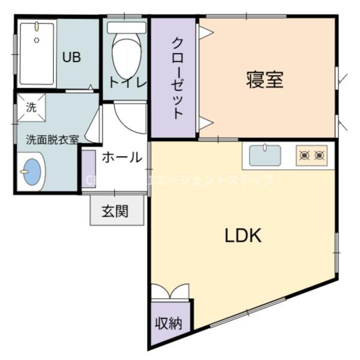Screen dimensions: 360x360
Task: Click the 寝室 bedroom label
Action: tap(265, 80)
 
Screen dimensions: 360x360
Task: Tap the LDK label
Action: tap(243, 236)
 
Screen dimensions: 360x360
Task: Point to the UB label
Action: tap(72, 58)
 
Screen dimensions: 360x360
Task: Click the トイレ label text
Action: tap(127, 83)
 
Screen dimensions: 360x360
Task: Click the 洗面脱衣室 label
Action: tap(52, 139)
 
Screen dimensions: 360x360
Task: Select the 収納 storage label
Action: tap(169, 323)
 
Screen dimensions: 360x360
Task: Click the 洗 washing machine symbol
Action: tap(31, 107)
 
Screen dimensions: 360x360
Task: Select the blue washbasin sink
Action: tap(31, 172)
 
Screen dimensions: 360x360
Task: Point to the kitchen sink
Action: tap(265, 156)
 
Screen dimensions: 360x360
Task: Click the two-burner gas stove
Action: tap(312, 156)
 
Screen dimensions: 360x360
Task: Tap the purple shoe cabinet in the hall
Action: tap(88, 169)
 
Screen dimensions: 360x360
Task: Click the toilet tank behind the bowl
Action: tap(127, 28)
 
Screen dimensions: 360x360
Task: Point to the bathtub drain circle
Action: tap(37, 40)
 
